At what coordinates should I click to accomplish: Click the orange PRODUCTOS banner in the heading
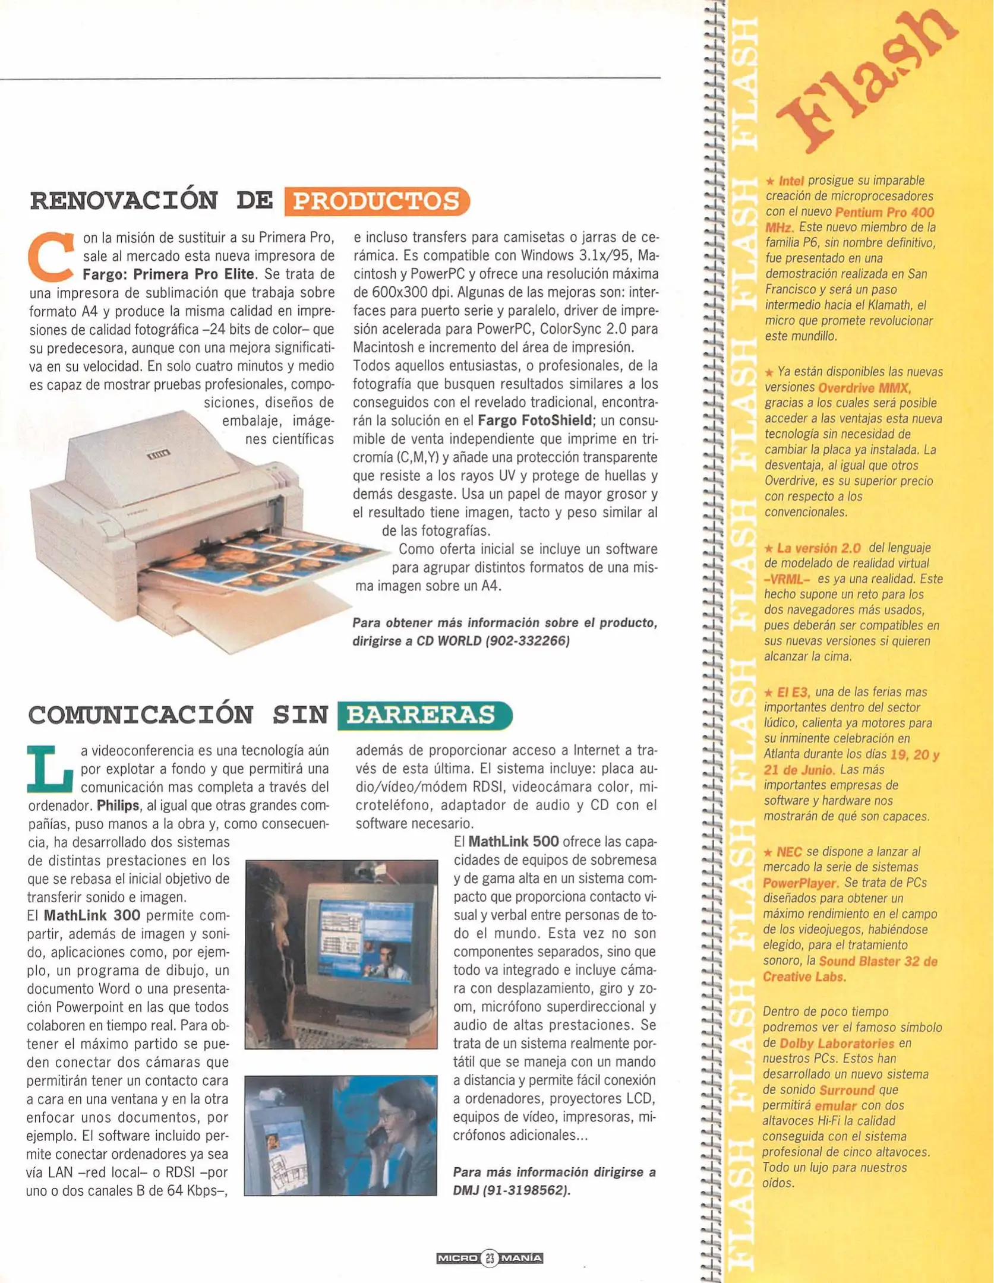(x=377, y=201)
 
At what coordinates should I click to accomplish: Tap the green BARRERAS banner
(x=423, y=715)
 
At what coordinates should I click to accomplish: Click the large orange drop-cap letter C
(x=51, y=257)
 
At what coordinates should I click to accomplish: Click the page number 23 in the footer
(x=489, y=1257)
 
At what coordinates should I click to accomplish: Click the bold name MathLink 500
(x=513, y=842)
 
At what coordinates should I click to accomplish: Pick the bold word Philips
(x=118, y=805)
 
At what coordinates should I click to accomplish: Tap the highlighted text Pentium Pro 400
(x=884, y=212)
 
